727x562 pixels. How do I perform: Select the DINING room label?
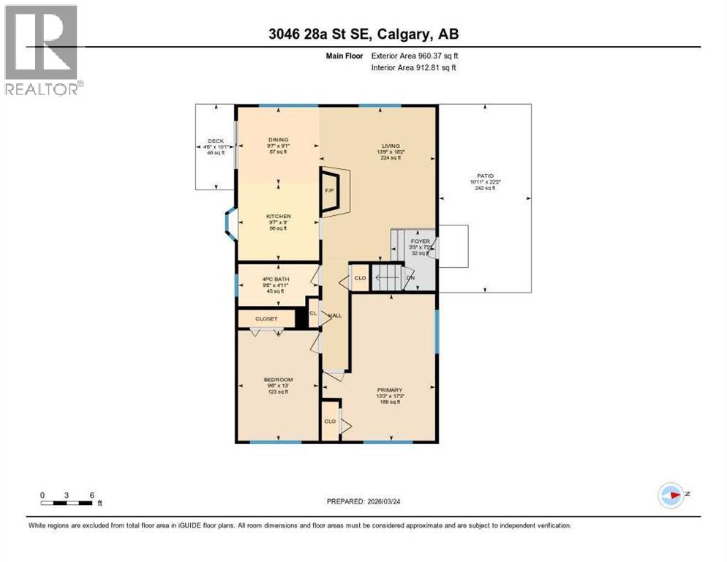(x=278, y=140)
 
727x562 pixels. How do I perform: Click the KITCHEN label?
(x=278, y=217)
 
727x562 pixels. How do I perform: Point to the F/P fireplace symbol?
(x=330, y=191)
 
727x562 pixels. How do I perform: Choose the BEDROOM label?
(x=278, y=380)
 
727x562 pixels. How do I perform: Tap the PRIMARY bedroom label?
(x=389, y=390)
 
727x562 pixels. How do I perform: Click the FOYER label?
(x=420, y=241)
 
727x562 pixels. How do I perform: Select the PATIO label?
(x=486, y=176)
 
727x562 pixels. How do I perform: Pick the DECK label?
(x=215, y=141)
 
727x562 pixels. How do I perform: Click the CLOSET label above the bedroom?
(x=265, y=319)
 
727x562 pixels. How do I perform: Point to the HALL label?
(x=335, y=315)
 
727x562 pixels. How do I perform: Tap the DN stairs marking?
(x=410, y=277)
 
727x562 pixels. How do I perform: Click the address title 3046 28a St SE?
(x=363, y=34)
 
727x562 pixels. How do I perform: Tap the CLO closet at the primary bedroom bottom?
(x=330, y=421)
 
